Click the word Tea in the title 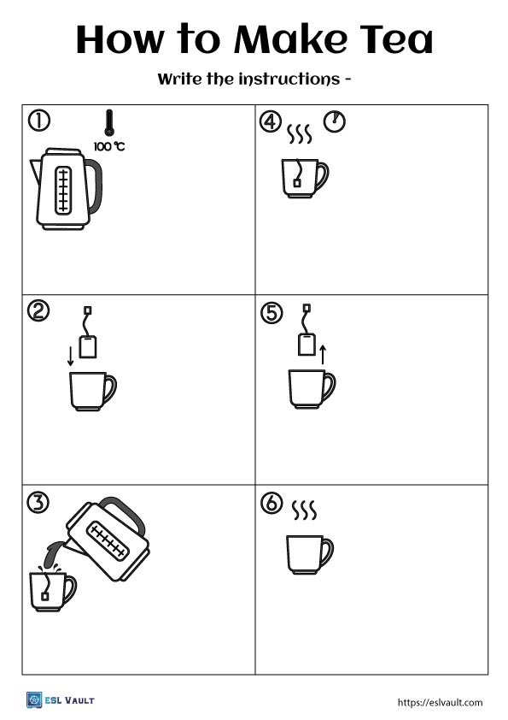click(394, 39)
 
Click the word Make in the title click(289, 39)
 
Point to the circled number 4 click(270, 122)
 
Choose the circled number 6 click(270, 505)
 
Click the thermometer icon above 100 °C click(108, 123)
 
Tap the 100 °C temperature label click(109, 146)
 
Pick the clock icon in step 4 click(336, 122)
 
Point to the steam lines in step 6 click(304, 510)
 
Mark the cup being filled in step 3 click(51, 590)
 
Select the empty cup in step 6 click(309, 554)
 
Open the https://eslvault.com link click(440, 702)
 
